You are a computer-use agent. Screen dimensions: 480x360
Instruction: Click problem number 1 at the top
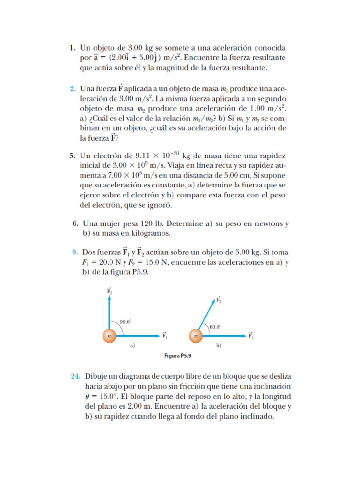point(72,48)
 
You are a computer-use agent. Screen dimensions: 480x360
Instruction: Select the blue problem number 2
point(73,89)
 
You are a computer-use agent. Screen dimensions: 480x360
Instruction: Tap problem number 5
point(73,156)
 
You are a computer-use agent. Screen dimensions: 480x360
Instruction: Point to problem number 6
point(75,224)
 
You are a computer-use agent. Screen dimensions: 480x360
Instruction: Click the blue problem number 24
point(75,376)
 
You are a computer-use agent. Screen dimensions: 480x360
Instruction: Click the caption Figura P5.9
point(178,356)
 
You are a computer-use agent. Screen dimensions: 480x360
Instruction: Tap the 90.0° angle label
point(126,322)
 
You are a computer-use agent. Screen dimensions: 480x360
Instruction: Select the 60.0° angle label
point(216,327)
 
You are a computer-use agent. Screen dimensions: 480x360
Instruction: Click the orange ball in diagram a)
point(109,336)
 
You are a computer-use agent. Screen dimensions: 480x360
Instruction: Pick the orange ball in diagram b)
point(195,336)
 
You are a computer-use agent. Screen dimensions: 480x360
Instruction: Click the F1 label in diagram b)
point(251,336)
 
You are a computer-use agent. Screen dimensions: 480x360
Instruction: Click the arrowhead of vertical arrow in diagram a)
point(109,300)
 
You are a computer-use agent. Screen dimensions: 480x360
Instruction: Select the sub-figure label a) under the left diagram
point(132,346)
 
